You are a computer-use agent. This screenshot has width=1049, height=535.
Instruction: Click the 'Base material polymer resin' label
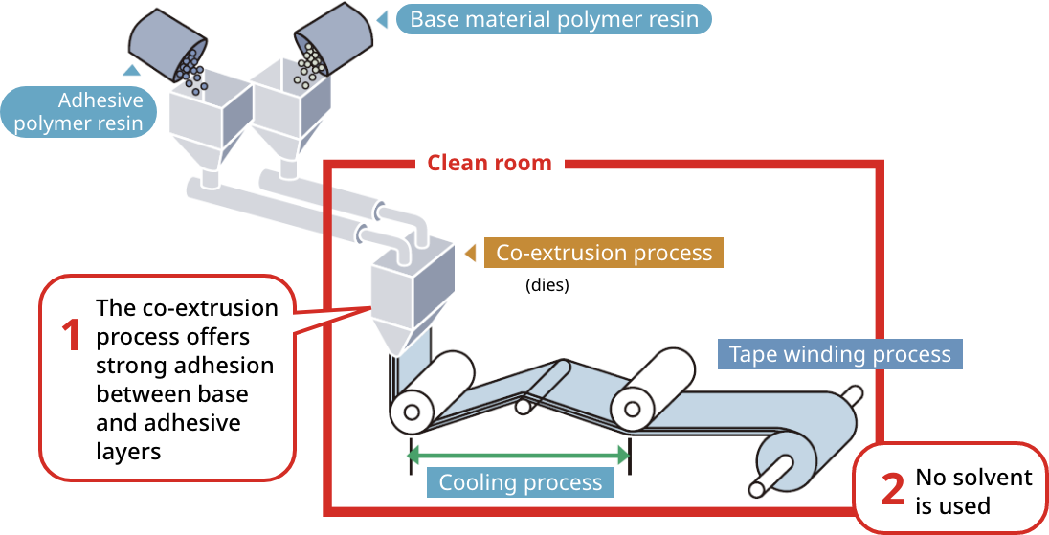coord(554,19)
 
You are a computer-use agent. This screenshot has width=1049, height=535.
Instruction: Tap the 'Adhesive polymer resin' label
coord(78,112)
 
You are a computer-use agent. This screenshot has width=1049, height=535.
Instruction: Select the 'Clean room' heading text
coord(489,163)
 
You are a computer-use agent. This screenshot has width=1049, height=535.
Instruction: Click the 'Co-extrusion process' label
coord(604,253)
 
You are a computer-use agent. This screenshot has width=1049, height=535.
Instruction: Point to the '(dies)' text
coord(547,285)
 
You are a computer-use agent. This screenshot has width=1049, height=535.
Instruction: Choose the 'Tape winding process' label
coord(839,354)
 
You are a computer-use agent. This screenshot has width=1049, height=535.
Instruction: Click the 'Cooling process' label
coord(520,482)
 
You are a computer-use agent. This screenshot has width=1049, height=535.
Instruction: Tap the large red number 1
coord(71,337)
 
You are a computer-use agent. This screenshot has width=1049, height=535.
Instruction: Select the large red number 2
coord(892,490)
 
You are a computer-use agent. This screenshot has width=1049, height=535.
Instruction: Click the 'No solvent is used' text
coord(973,491)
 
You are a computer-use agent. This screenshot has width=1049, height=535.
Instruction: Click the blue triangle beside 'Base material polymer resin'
coord(382,19)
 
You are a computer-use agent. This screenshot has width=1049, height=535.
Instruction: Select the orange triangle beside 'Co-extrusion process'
coord(470,254)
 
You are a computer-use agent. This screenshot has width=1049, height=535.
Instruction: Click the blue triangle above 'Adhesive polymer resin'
coord(131,70)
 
